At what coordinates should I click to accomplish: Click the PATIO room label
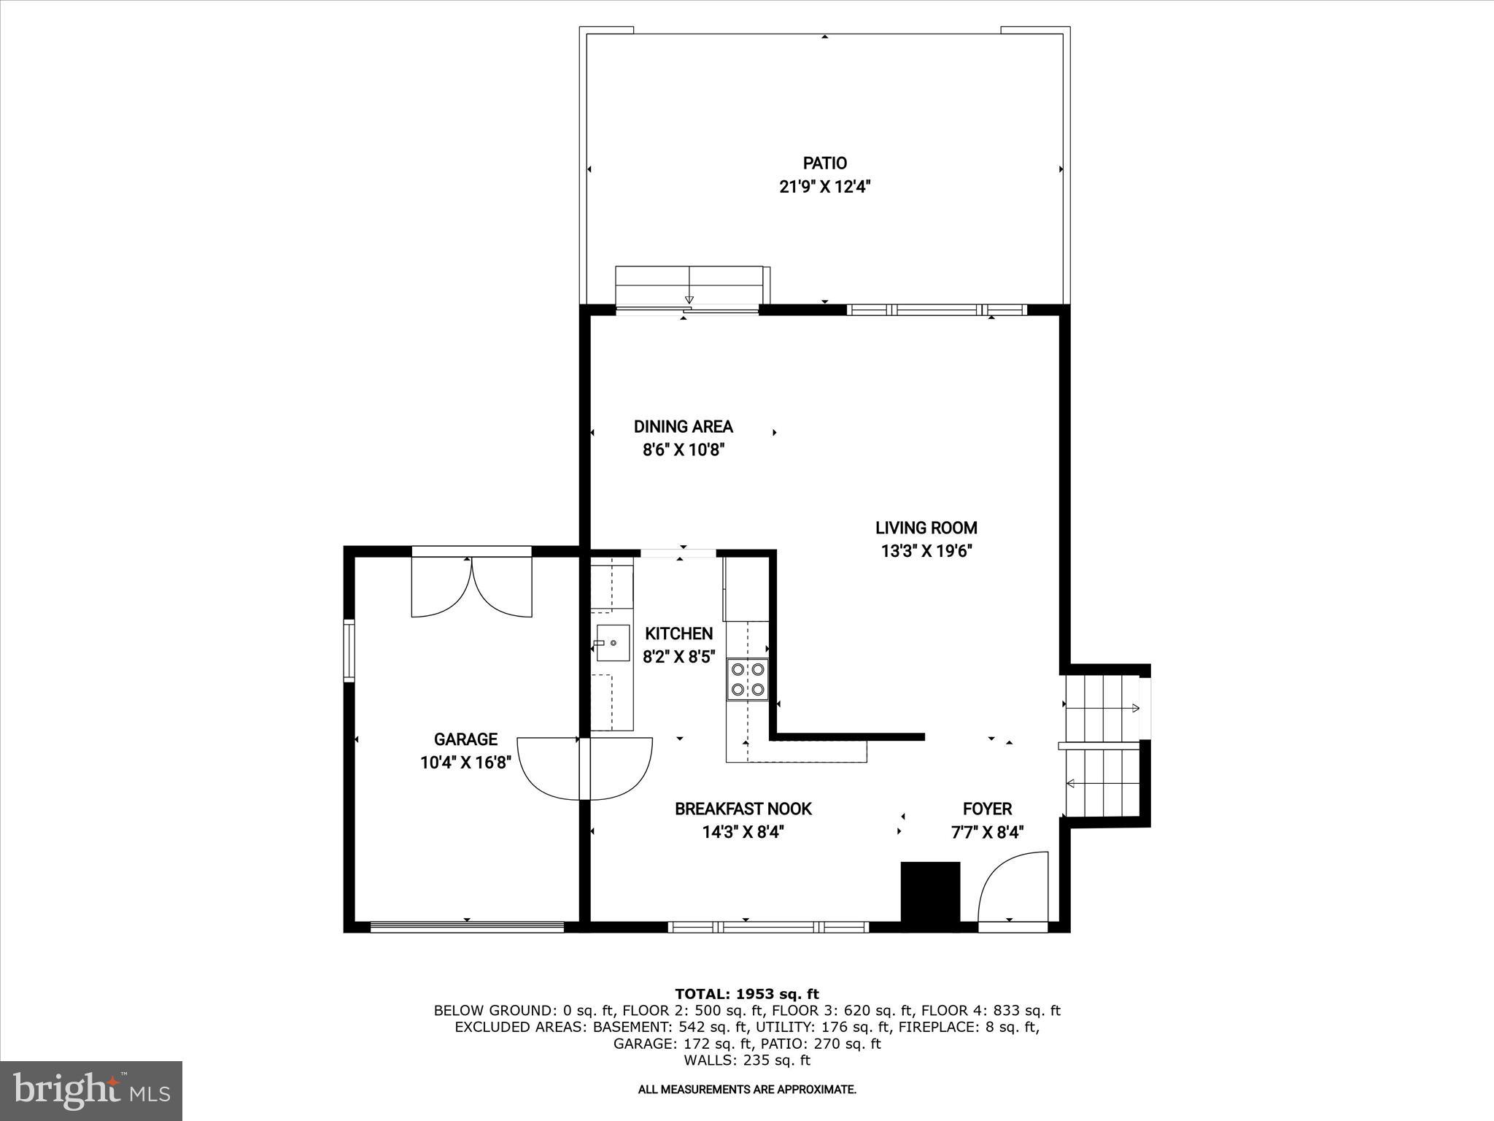(824, 163)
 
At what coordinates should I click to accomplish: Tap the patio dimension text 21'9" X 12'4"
(824, 187)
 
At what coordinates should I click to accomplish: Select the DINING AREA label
(683, 427)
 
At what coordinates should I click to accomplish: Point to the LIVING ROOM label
(926, 528)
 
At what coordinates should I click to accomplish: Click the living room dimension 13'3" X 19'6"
(926, 551)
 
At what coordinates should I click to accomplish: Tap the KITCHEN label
(678, 633)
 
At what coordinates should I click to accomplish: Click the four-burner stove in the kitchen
(748, 679)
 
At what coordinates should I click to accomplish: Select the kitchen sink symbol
(613, 643)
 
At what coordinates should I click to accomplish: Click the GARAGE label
(465, 739)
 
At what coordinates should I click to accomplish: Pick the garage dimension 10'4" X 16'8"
(465, 763)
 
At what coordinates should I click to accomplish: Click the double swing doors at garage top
(472, 586)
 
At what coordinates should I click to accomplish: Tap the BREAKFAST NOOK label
(743, 809)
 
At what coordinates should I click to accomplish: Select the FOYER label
(987, 809)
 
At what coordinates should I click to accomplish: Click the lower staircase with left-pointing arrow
(1102, 783)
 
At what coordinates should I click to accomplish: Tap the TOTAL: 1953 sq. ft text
(746, 994)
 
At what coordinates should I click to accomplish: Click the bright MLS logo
(91, 1091)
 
